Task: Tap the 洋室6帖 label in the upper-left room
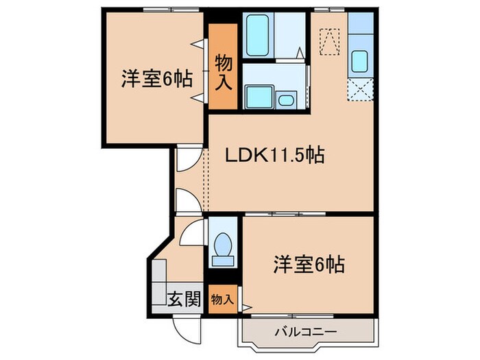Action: pos(156,79)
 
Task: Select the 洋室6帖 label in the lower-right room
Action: pos(309,263)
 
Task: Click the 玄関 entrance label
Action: pos(184,299)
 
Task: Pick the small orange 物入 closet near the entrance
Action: pos(222,300)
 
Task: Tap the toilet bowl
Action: pos(222,245)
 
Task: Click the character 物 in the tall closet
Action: pos(224,63)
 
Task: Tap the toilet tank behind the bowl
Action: pos(222,260)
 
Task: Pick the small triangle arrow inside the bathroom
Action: pos(300,52)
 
